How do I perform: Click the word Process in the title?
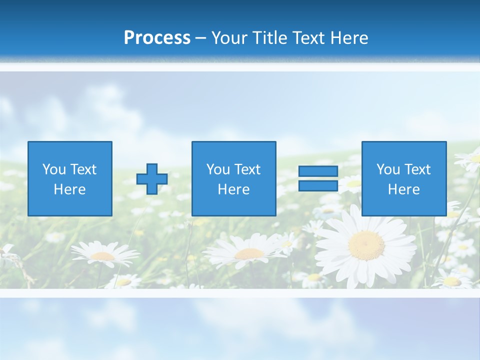[x=157, y=38]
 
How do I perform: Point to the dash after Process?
[x=200, y=38]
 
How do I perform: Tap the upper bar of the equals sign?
[x=318, y=171]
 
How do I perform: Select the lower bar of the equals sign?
[x=318, y=186]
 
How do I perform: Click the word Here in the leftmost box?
[x=69, y=189]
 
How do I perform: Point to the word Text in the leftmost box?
[x=83, y=169]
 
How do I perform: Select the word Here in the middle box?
[x=233, y=189]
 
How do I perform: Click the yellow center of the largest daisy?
[x=366, y=245]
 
